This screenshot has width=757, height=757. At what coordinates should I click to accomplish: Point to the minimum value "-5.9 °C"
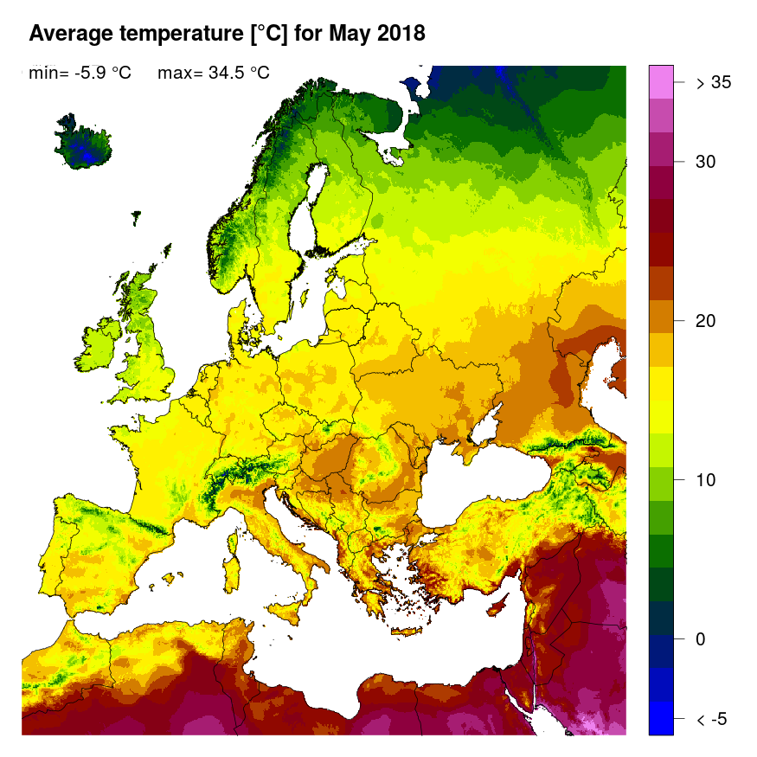[102, 74]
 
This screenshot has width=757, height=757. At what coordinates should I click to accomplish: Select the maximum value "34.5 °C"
[236, 74]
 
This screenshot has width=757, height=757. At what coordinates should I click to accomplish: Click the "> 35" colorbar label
[714, 83]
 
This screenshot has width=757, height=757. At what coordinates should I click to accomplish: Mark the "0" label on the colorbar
[702, 639]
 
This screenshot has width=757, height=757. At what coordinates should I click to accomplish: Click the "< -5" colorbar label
[714, 720]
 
